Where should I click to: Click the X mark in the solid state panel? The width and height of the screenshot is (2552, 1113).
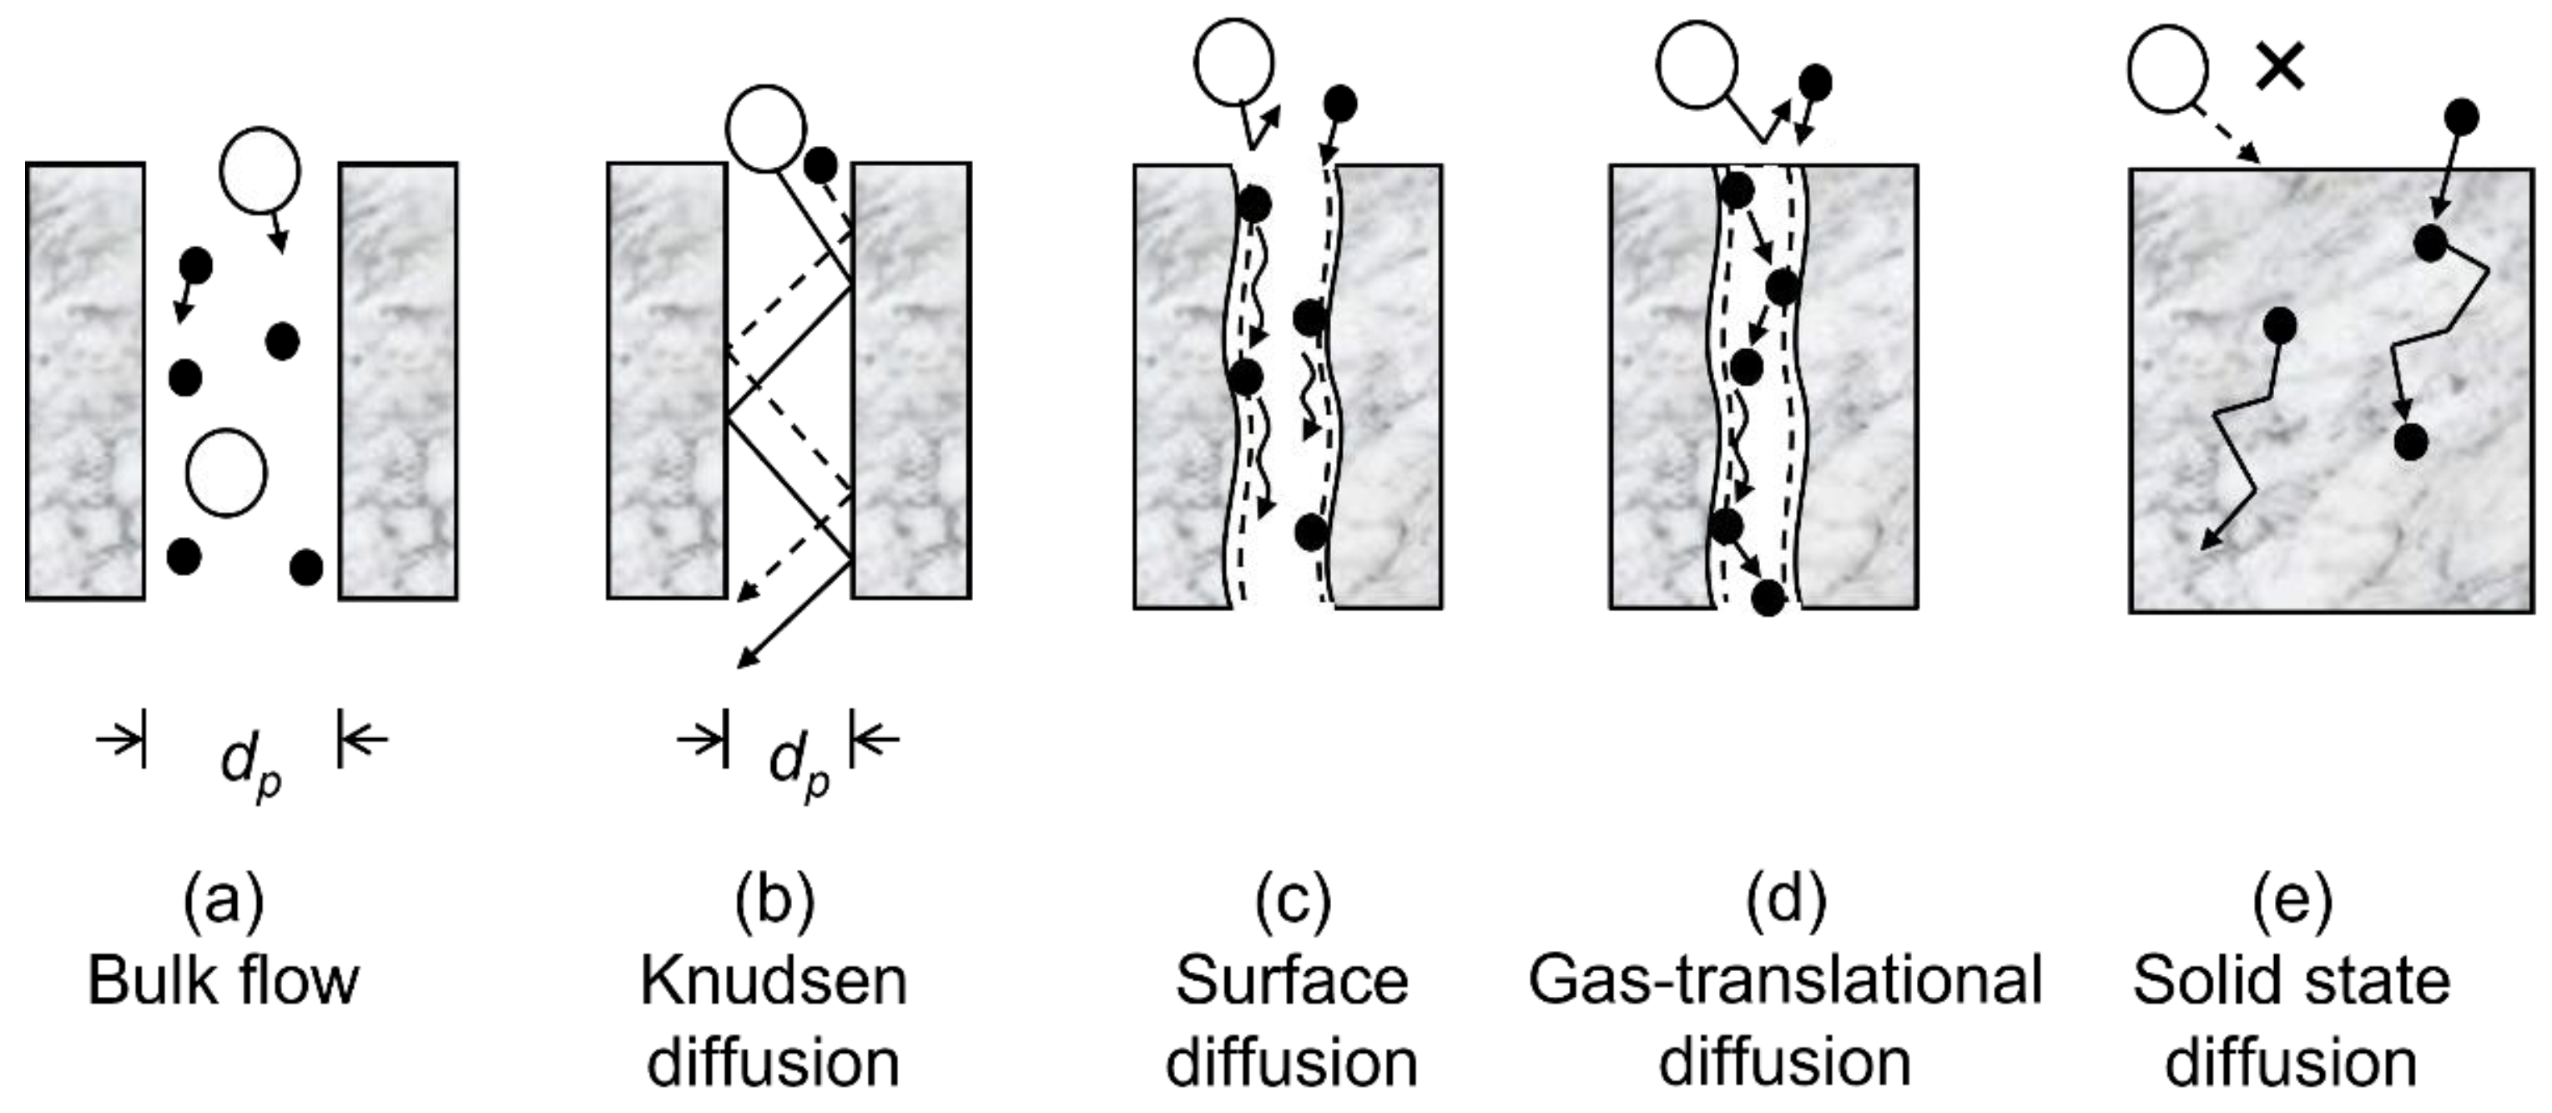pos(2280,68)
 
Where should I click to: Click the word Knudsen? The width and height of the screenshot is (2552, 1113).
pos(774,981)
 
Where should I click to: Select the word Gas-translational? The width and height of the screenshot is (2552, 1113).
pos(1785,981)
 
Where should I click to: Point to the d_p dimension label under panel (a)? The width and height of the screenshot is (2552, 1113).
pos(250,765)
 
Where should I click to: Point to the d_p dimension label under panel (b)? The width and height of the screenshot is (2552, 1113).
pos(799,765)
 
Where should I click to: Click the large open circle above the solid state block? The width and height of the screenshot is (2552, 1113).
pos(2167,69)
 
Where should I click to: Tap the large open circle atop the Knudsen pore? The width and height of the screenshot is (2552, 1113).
pos(764,128)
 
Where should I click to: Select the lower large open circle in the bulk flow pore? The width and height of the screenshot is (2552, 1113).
pos(227,473)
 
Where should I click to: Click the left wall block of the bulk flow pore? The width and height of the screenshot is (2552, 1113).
pos(85,382)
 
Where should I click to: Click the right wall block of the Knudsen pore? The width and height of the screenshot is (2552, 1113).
pos(910,382)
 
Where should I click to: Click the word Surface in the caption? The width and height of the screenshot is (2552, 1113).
pos(1292,981)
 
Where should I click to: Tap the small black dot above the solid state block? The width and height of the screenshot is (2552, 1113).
pos(2462,118)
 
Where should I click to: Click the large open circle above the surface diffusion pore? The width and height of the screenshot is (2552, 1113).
pos(1233,62)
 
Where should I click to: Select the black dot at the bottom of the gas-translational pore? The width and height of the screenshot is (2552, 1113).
pos(1768,598)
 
